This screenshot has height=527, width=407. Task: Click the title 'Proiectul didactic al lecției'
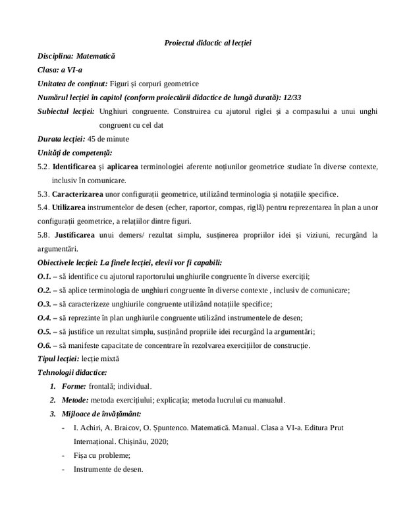207,43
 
